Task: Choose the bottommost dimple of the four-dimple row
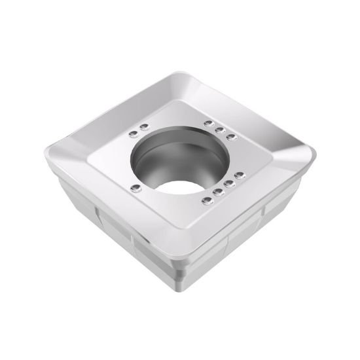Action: pos(206,198)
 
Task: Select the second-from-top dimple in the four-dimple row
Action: pos(228,183)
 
